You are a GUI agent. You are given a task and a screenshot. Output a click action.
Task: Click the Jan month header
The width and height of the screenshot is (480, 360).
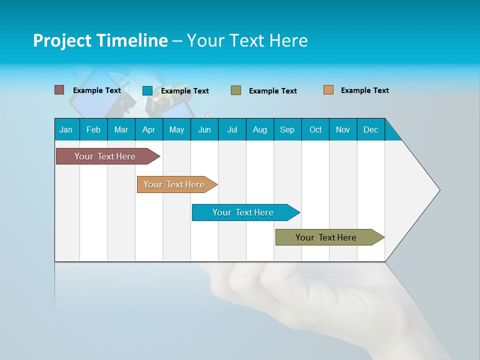point(66,129)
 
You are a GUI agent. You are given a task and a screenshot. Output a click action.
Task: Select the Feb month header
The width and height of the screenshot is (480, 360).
point(93,129)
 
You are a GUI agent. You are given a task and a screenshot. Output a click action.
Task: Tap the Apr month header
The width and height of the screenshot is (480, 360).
point(149,129)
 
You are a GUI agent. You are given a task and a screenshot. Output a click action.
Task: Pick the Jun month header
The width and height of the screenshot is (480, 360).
point(204,129)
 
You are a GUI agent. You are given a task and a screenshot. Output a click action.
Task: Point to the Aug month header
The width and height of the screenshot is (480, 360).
point(260,129)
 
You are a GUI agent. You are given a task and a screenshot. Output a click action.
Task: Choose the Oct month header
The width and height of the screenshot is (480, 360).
point(315,129)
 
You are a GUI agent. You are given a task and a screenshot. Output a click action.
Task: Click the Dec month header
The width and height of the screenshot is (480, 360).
point(371,129)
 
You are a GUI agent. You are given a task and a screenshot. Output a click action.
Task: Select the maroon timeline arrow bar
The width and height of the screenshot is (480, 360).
point(105,156)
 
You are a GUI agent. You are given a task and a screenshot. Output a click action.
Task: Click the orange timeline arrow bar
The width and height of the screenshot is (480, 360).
point(174,184)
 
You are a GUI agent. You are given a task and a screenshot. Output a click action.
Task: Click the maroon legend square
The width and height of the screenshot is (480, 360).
point(59,90)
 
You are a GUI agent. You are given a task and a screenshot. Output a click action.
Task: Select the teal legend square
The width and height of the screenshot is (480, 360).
point(147,90)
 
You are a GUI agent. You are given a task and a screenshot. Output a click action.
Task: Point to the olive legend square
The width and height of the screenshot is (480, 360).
point(236,90)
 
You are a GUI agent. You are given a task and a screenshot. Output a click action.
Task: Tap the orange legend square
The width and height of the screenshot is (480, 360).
point(328,90)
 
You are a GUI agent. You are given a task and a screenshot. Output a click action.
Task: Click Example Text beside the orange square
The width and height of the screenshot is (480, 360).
point(364,90)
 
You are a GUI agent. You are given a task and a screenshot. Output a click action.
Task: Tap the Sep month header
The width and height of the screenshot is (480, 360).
point(287,129)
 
